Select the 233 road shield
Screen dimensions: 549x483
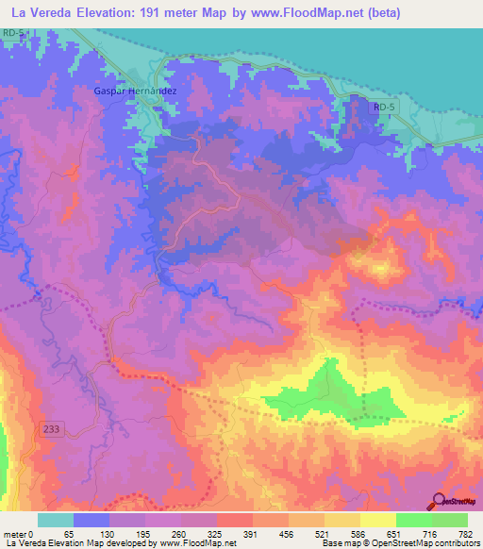click(53, 429)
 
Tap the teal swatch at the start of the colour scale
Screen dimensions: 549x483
click(55, 520)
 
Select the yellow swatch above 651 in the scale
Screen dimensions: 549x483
click(377, 520)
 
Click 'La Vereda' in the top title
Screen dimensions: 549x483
click(42, 13)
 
